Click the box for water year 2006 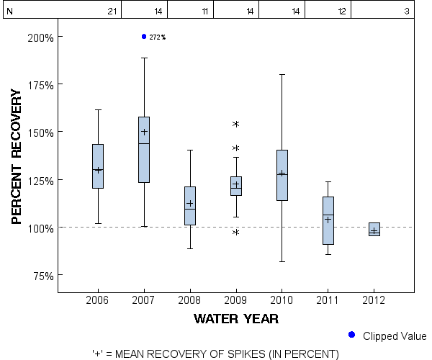(98, 166)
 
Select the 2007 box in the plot (144, 149)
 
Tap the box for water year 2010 (282, 175)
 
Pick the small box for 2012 (374, 229)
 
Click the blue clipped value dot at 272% (144, 36)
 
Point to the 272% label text (158, 37)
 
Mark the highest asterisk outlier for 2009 (235, 125)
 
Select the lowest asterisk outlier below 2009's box (235, 233)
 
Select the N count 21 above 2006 (112, 12)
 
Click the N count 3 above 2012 (407, 12)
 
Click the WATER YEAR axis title (236, 318)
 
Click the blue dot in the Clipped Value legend (351, 335)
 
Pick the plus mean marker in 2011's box (328, 220)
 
